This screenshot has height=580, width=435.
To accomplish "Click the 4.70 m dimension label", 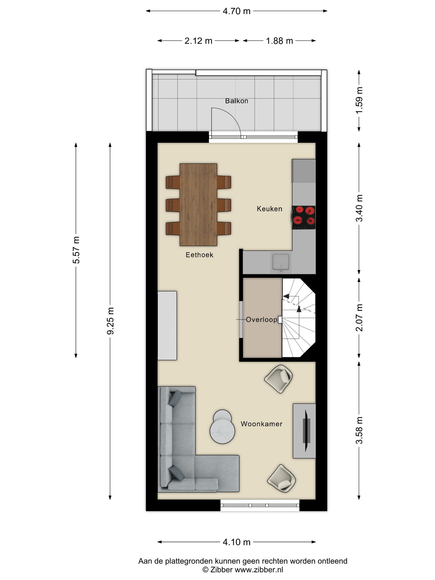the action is (236, 11).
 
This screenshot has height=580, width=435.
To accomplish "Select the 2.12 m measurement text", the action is (198, 41).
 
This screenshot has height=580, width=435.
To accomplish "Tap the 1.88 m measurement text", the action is (279, 41).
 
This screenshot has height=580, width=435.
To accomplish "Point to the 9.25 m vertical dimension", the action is (110, 321).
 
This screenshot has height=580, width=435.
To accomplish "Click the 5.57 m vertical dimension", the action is (76, 250).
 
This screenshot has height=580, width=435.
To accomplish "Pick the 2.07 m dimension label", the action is (359, 318).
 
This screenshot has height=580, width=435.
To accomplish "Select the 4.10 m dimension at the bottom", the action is (236, 542).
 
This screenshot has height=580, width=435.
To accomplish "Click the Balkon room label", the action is (237, 101).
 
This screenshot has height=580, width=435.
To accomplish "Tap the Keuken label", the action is (269, 209).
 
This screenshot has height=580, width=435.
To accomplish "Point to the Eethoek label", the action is (199, 255).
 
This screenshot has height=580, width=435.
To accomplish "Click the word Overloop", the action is (261, 319).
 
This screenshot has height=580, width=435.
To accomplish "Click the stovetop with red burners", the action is (304, 218).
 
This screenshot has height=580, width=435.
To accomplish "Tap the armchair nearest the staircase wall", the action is (278, 379).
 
